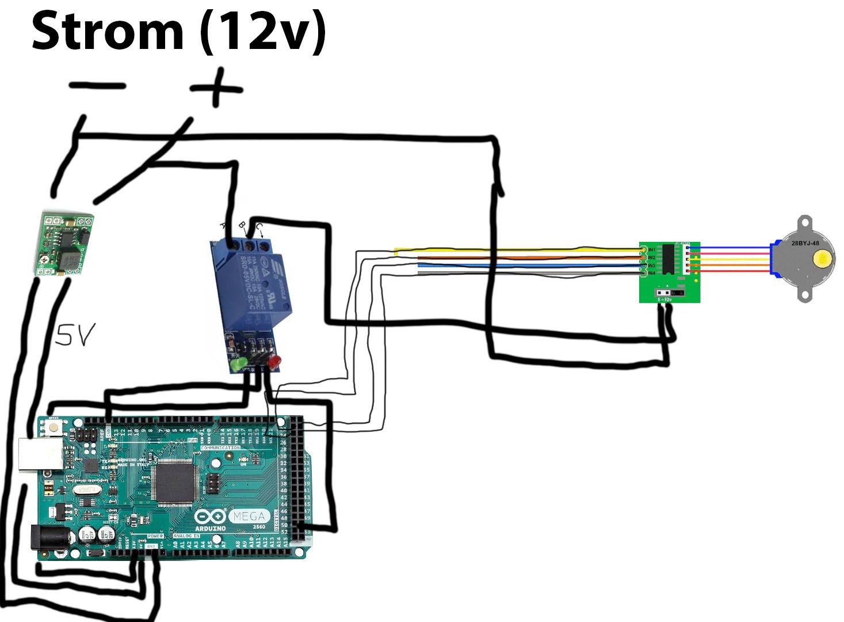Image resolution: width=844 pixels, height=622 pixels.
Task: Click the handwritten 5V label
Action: coord(75,334)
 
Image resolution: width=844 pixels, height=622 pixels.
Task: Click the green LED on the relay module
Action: coord(235,365)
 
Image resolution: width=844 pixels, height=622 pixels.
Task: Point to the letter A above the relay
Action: coord(224,225)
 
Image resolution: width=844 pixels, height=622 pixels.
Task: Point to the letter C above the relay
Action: coord(259,226)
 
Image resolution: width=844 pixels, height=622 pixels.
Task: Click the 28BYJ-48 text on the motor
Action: coord(805,243)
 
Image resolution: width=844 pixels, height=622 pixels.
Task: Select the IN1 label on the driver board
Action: coord(651,249)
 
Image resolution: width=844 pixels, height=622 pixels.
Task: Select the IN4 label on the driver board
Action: coord(651,273)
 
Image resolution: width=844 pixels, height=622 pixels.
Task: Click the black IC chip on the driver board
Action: coord(669,259)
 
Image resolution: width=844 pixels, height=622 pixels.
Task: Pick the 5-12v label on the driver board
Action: coord(664,299)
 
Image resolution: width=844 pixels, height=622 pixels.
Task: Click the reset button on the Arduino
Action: coord(54,427)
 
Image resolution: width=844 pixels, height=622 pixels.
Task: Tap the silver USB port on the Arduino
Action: coord(41,455)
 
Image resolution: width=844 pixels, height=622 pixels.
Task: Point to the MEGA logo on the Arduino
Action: coord(249,516)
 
